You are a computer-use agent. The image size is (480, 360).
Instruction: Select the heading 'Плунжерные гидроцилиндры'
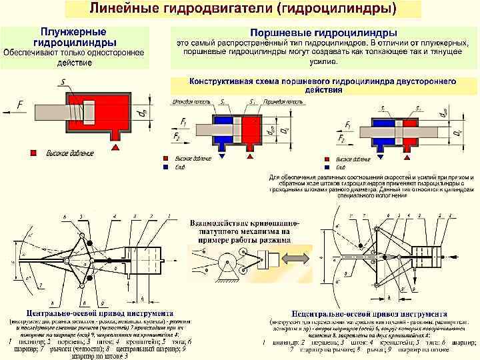click(x=74, y=38)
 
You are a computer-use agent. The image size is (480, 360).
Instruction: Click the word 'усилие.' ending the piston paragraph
click(x=324, y=61)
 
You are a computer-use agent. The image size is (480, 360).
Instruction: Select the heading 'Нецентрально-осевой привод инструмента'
click(x=368, y=313)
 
